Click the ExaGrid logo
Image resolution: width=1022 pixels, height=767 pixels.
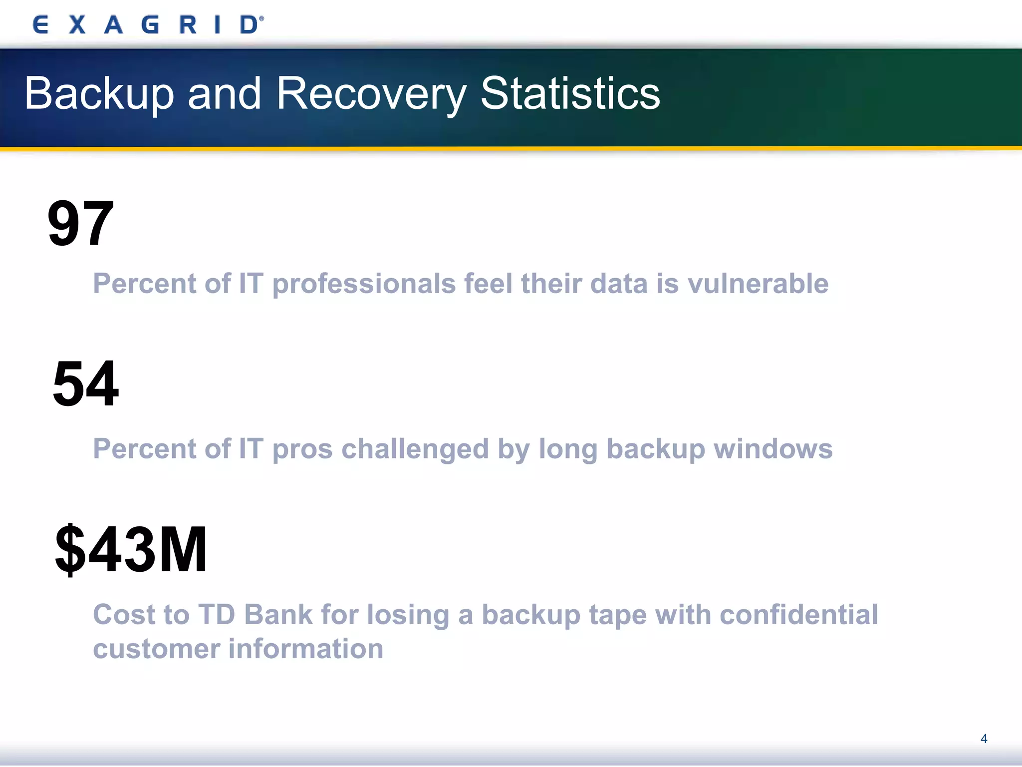pos(148,24)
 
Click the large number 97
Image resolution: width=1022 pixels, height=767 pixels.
pos(81,223)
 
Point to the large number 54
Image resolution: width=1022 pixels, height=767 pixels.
pos(86,383)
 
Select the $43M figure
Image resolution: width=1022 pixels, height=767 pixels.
pos(131,549)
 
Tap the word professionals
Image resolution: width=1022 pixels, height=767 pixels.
pos(364,284)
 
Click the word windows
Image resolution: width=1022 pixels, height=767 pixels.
pos(773,448)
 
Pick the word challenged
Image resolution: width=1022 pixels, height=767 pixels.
pos(415,448)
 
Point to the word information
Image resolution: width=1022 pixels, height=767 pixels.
pos(306,649)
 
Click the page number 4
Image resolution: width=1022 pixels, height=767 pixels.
pos(984,739)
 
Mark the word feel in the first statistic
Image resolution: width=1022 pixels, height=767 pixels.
pos(488,284)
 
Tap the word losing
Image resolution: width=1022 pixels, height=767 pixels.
pos(408,615)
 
